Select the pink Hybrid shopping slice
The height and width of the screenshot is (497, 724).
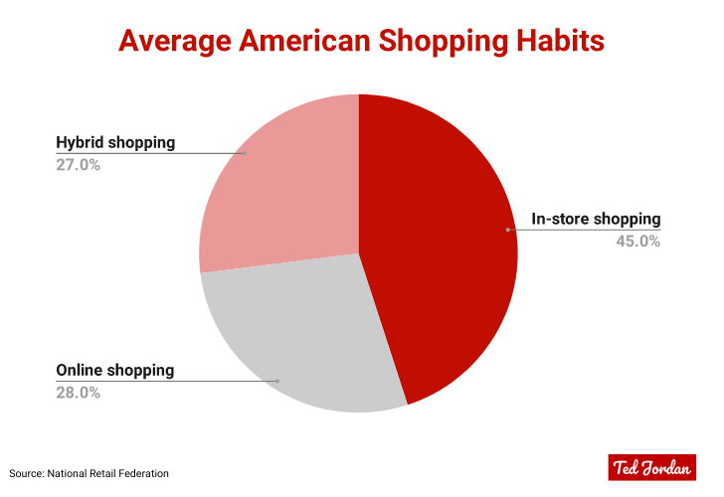tap(288, 189)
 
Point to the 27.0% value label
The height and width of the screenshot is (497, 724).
tap(78, 164)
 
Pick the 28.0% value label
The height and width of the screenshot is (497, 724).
tap(78, 393)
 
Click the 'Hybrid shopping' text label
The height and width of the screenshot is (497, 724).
tap(115, 142)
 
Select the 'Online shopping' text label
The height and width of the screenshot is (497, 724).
tap(114, 370)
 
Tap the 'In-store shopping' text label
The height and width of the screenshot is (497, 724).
tap(596, 219)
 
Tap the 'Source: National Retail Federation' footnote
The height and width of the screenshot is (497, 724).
tap(90, 473)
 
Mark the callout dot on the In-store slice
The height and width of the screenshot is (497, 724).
tap(507, 230)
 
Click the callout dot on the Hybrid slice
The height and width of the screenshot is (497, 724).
tap(245, 153)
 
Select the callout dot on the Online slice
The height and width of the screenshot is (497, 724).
tap(278, 381)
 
